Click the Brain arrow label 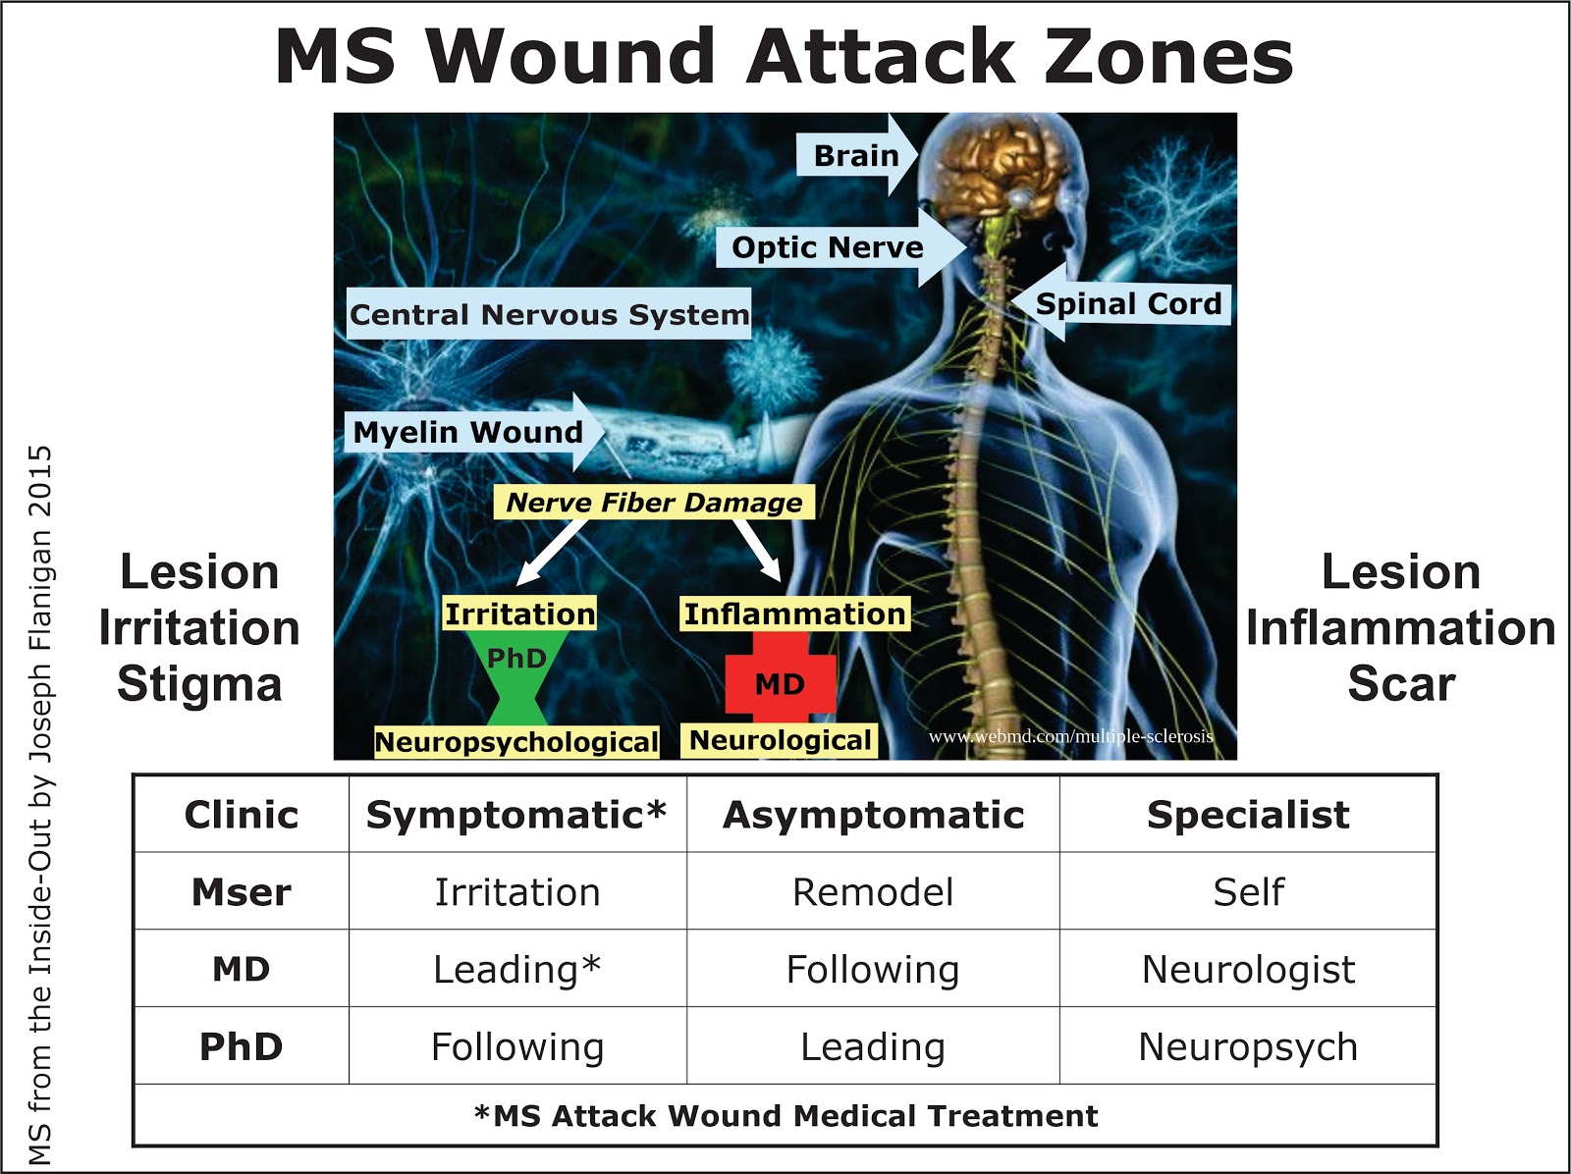pos(856,155)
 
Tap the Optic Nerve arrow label pos(828,247)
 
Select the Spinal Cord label pos(1128,304)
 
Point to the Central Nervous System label pos(549,315)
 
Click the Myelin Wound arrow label pos(468,432)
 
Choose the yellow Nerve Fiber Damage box pos(654,503)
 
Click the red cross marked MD pos(781,683)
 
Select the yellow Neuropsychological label pos(516,742)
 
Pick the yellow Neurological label pos(781,740)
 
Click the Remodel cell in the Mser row pos(873,892)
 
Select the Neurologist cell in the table pos(1248,970)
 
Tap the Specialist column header pos(1248,815)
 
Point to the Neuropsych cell pos(1248,1047)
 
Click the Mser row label pos(242,892)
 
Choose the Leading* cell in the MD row pos(517,970)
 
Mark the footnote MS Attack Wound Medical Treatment pos(785,1116)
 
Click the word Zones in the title pos(1168,57)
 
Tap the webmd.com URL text pos(1071,736)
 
